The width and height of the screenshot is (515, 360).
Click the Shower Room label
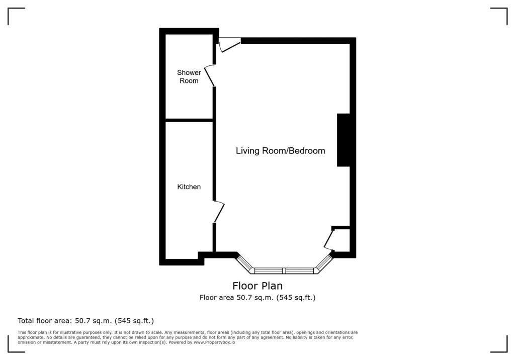coord(189,76)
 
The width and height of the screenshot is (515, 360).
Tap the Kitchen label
coord(189,187)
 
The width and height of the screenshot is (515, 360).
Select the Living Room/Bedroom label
coord(281,151)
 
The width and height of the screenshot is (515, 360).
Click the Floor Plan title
coord(257,286)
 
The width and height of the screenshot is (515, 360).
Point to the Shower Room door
coord(210,75)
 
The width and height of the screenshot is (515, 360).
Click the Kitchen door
coord(219,212)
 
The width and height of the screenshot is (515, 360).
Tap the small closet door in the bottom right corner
coord(329,240)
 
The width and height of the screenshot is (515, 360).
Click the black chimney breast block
coord(344,140)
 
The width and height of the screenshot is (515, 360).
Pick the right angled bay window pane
coord(324,263)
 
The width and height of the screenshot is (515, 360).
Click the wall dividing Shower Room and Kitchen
coord(189,120)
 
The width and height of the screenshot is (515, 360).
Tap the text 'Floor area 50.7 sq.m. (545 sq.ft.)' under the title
coord(257,298)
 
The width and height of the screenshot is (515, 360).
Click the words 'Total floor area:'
coord(45,321)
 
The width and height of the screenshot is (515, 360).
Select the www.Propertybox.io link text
coord(214,342)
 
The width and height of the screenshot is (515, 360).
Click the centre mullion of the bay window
coord(285,271)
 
